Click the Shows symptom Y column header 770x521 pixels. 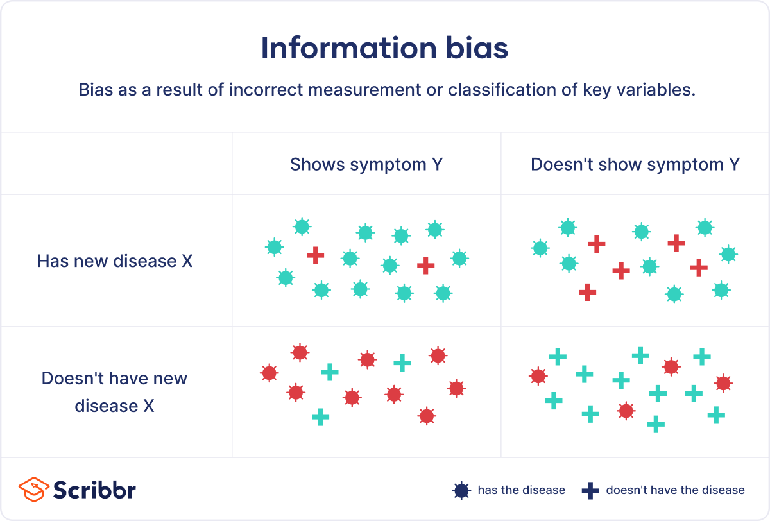click(366, 165)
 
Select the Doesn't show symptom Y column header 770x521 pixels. click(635, 165)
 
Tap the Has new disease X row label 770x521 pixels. click(115, 261)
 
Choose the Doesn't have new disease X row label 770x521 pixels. click(115, 392)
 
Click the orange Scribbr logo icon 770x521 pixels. click(31, 490)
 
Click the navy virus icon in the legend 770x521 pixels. click(461, 491)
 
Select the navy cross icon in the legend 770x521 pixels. click(590, 491)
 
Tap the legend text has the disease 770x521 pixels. click(521, 490)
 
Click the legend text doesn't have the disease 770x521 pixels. click(675, 490)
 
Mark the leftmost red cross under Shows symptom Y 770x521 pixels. click(315, 255)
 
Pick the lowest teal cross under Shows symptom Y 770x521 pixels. click(320, 418)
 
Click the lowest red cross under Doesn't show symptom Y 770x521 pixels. click(587, 292)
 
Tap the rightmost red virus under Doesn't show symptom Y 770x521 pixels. click(723, 383)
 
